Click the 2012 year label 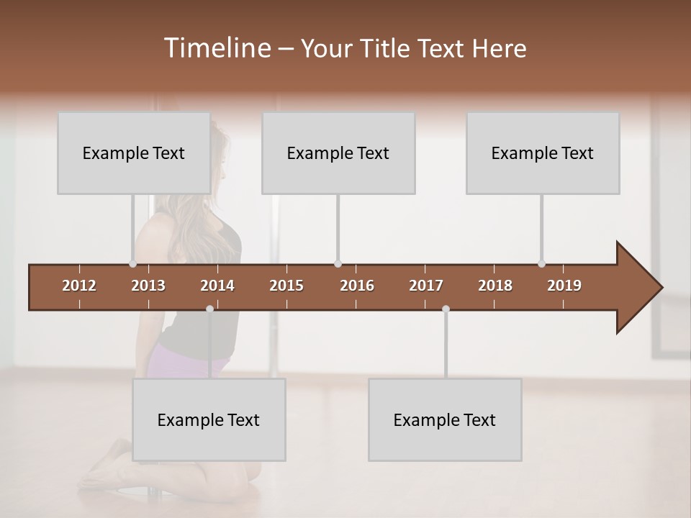[79, 286]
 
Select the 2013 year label [148, 286]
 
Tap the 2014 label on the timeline [217, 286]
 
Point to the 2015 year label [286, 286]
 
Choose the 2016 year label [357, 286]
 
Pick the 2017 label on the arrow [426, 286]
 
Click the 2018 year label [495, 286]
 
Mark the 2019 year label [564, 286]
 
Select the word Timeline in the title [215, 48]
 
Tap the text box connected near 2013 [134, 153]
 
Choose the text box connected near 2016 [338, 153]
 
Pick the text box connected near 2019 [543, 153]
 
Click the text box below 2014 [209, 419]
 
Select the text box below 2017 [445, 419]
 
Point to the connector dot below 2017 [446, 309]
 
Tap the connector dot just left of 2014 [209, 309]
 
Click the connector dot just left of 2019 [541, 264]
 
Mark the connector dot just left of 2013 [132, 264]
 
